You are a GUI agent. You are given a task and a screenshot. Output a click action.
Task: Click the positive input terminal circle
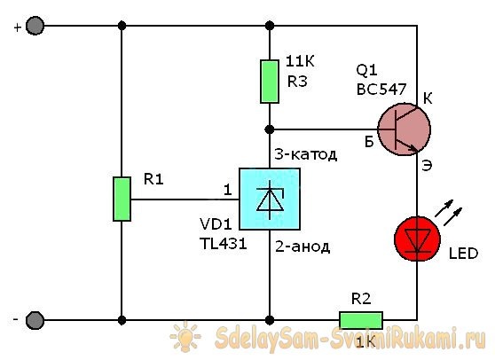35,27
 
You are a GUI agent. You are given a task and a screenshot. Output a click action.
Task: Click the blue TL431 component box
269,200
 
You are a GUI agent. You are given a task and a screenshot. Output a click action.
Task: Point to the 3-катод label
306,154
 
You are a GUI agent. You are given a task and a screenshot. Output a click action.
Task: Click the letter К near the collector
428,98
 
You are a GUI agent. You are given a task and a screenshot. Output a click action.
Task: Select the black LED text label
463,254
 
